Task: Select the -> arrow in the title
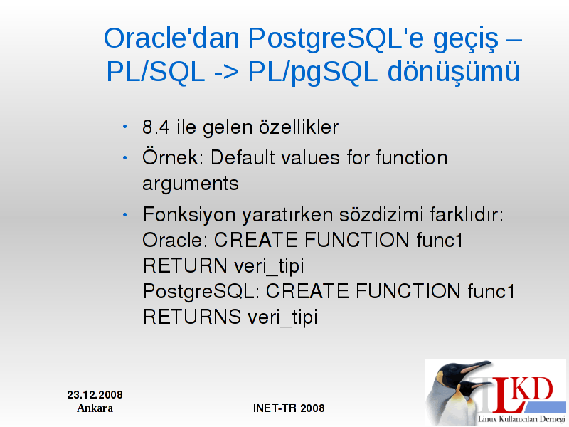coord(226,72)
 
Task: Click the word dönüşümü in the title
coord(454,71)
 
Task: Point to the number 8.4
coord(156,127)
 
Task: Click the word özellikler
coord(299,127)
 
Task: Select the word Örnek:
coord(173,157)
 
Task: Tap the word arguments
coord(191,184)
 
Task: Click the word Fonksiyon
coord(189,215)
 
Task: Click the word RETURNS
coord(192,316)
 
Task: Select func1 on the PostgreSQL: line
coord(491,291)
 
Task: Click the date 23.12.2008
coord(95,395)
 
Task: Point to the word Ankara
coord(95,408)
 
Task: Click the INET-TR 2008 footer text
coord(289,408)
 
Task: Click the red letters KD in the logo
coord(533,389)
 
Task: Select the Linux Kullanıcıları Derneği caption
coord(521,419)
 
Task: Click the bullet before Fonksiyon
coord(125,215)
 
